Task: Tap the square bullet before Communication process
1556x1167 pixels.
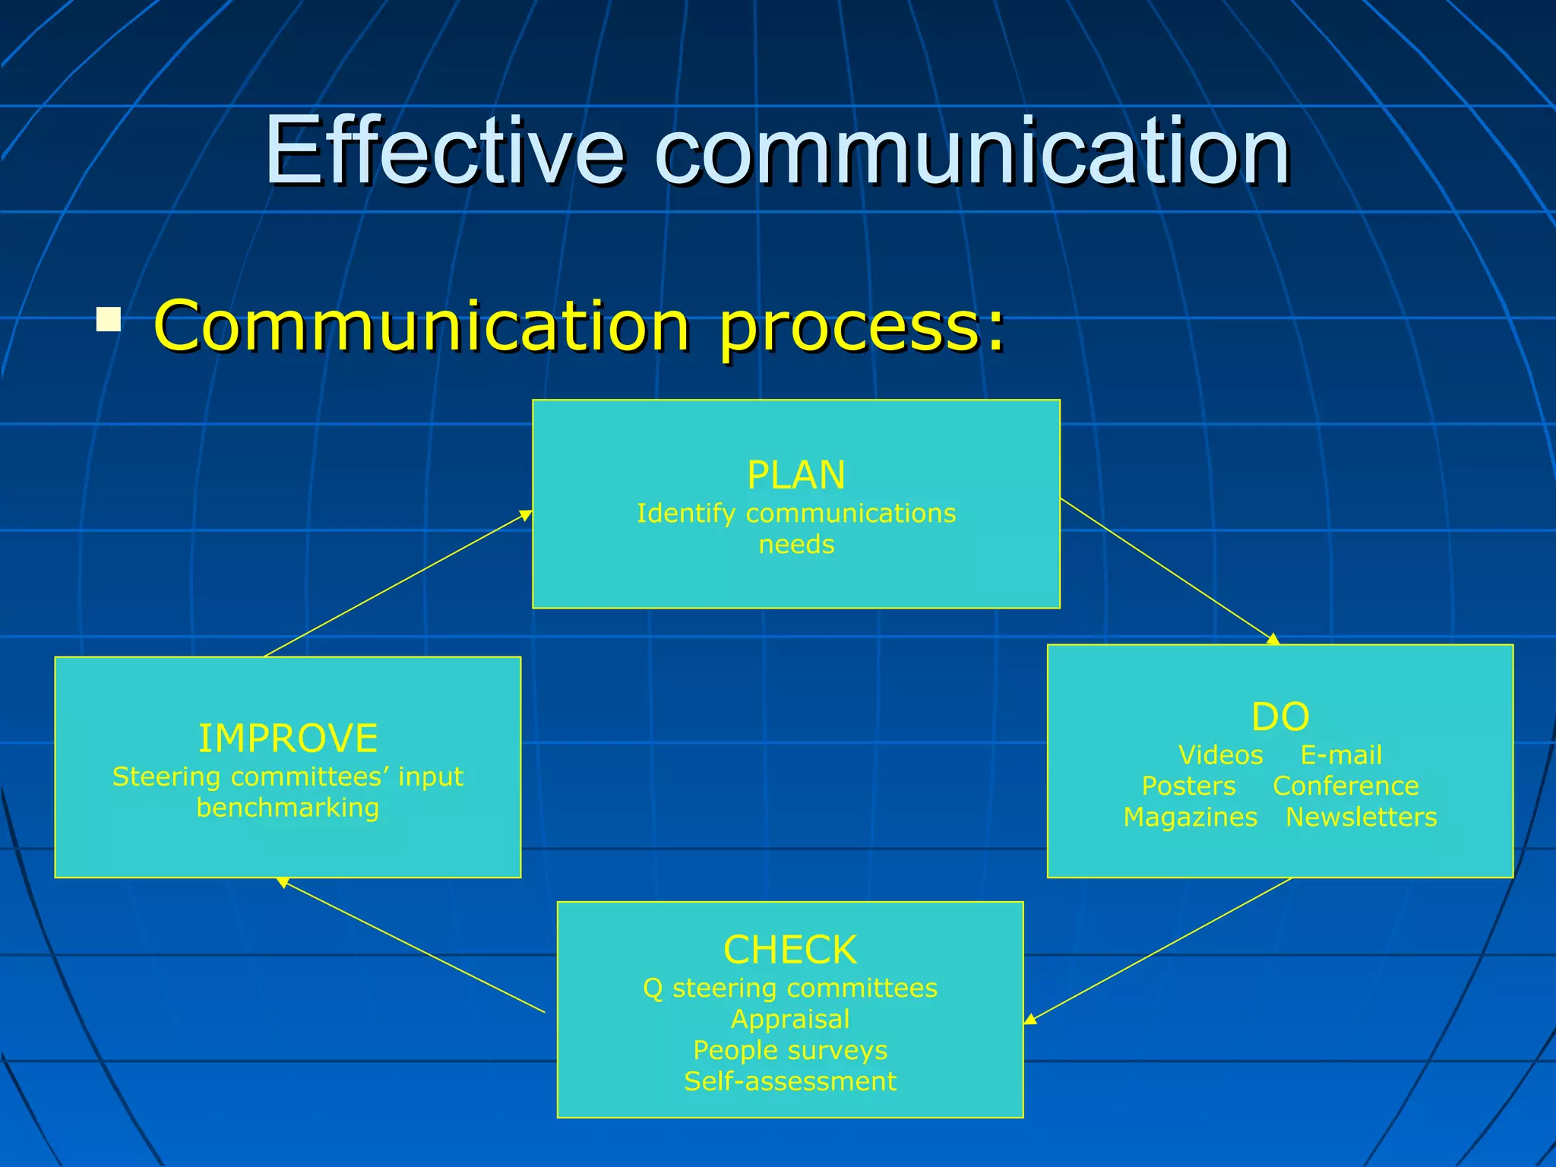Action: click(109, 319)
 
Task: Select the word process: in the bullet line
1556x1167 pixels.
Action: click(862, 327)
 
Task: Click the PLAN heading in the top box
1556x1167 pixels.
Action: click(795, 476)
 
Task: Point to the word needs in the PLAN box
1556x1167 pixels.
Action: click(796, 545)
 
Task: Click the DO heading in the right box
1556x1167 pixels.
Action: click(1280, 716)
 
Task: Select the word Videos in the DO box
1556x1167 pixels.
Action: click(1220, 755)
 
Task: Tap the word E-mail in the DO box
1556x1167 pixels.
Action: click(1341, 755)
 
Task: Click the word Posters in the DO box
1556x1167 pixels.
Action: click(1188, 786)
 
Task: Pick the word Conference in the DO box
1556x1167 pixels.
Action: click(1346, 786)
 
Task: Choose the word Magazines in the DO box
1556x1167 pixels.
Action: click(1190, 817)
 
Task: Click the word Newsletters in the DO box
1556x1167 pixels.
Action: click(1361, 817)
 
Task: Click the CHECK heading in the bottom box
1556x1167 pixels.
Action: click(790, 950)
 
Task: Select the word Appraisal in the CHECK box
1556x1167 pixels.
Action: click(790, 1019)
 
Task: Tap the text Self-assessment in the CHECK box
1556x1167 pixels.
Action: click(790, 1081)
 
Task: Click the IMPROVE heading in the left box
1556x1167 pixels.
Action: click(288, 738)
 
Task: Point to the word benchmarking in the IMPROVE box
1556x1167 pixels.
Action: click(288, 808)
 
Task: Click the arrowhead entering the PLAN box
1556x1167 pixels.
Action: click(526, 516)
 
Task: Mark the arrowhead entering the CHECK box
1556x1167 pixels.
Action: click(1030, 1020)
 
